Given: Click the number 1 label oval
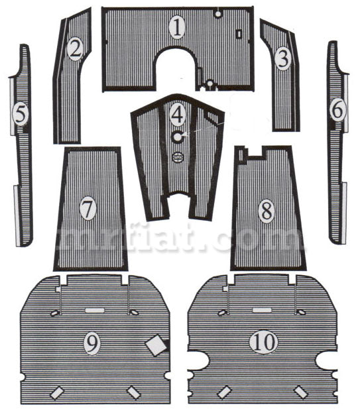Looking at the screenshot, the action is tap(177, 28).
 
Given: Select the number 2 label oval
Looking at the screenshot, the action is tap(75, 49).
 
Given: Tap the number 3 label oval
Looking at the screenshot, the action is tap(283, 59).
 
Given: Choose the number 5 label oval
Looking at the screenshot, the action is tap(21, 114).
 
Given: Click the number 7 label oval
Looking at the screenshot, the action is tap(88, 208).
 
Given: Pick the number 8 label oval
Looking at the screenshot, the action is tap(267, 211).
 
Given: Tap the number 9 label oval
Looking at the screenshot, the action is tap(92, 343).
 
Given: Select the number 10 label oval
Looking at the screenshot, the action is tap(263, 341).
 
